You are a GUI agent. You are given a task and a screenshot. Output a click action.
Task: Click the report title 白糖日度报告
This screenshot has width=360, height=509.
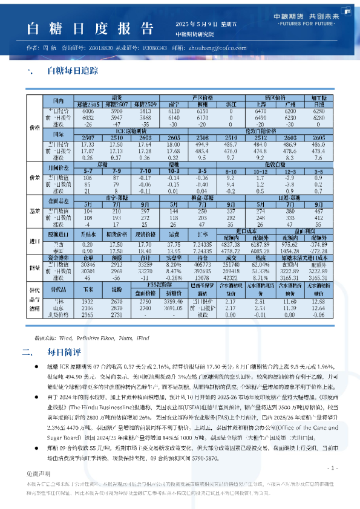[x=87, y=28]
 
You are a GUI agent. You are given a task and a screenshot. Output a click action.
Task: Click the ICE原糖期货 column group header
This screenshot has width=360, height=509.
[x=130, y=131]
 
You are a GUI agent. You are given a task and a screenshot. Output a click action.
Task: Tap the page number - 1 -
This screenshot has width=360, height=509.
[x=332, y=468]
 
